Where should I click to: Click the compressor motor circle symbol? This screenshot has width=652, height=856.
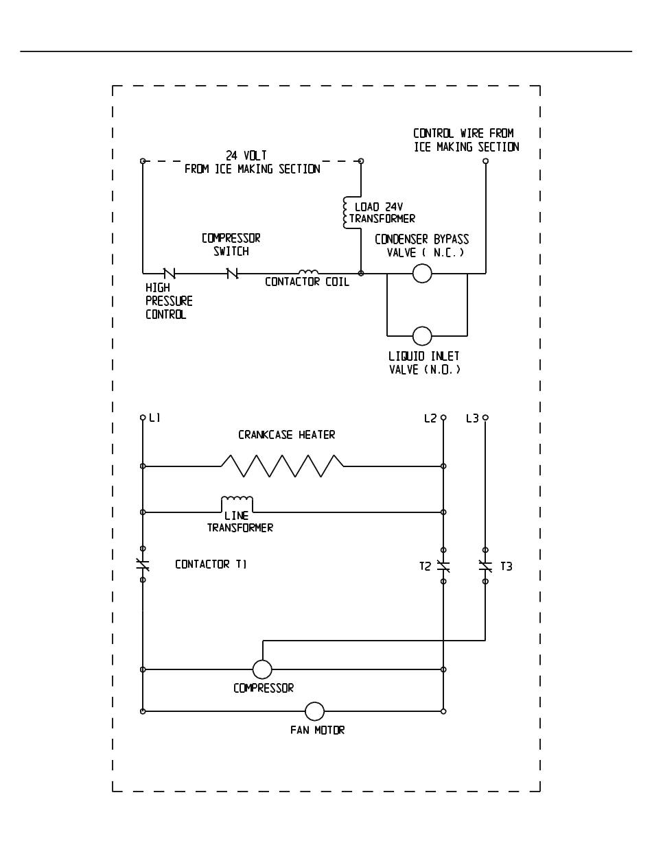point(262,669)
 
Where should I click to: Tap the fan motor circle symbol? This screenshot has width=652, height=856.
point(314,711)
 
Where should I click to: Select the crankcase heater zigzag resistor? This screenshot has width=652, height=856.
point(282,466)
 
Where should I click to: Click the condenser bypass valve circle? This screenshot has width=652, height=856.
point(422,274)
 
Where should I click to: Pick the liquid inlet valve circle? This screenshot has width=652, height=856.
point(422,336)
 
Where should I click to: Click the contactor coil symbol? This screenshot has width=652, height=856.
point(308,272)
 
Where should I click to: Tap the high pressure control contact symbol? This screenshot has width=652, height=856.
point(170,274)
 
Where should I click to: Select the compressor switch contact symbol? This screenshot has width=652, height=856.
point(232,274)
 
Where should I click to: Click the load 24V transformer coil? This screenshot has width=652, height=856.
point(345,213)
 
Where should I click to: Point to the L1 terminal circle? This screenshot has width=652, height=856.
point(143,418)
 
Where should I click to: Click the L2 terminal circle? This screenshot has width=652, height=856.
point(443,418)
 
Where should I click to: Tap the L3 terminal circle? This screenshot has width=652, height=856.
point(485,418)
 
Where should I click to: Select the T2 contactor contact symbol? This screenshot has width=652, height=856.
point(443,566)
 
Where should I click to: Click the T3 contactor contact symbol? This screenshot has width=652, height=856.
point(485,566)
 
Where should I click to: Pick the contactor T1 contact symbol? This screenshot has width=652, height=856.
point(143,564)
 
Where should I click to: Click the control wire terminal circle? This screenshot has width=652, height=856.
point(485,160)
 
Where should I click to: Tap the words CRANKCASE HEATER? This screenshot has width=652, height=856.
point(287,435)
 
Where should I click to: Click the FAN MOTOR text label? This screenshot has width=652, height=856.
point(318,730)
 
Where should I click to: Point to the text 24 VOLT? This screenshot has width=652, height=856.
point(246,156)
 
